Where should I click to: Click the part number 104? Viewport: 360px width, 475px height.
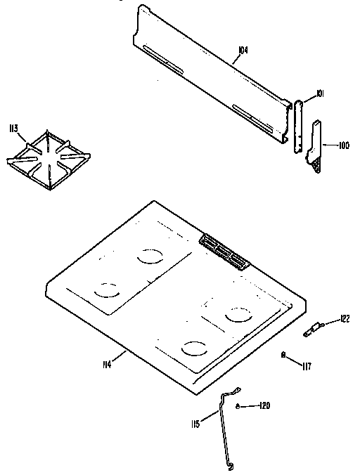243,50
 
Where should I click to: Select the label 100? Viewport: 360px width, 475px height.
343,146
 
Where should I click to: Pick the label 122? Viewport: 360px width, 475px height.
345,319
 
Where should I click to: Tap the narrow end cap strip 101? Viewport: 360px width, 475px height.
300,123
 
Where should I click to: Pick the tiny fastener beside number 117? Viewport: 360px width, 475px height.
283,356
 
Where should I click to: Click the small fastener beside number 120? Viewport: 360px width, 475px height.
238,406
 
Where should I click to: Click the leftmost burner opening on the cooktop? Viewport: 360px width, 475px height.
105,289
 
